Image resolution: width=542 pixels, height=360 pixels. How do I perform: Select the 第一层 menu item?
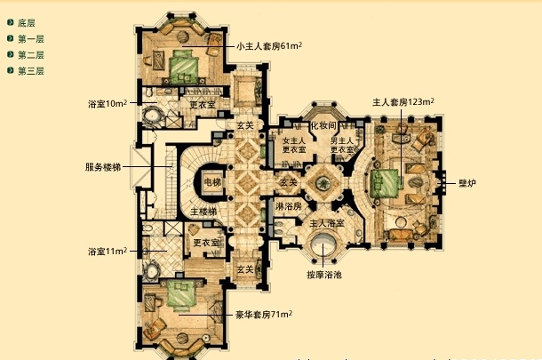pyautogui.click(x=30, y=39)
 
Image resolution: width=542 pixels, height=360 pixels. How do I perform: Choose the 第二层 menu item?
pyautogui.click(x=30, y=55)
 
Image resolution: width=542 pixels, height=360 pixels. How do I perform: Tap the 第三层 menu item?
pyautogui.click(x=30, y=71)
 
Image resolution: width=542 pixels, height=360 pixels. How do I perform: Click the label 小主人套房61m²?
pyautogui.click(x=270, y=45)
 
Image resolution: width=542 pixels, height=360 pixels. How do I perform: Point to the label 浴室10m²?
pyautogui.click(x=108, y=103)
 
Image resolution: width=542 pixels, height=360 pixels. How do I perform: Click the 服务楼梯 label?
pyautogui.click(x=104, y=166)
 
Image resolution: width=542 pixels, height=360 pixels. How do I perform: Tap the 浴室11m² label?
pyautogui.click(x=108, y=251)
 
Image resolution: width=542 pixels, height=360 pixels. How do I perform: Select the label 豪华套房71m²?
pyautogui.click(x=264, y=314)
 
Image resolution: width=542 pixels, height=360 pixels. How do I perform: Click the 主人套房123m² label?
pyautogui.click(x=403, y=103)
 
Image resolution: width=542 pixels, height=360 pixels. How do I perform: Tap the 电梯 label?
pyautogui.click(x=212, y=182)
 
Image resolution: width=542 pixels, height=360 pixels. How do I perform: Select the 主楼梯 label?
pyautogui.click(x=203, y=212)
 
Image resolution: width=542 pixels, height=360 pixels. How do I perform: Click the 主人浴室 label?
pyautogui.click(x=327, y=222)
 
